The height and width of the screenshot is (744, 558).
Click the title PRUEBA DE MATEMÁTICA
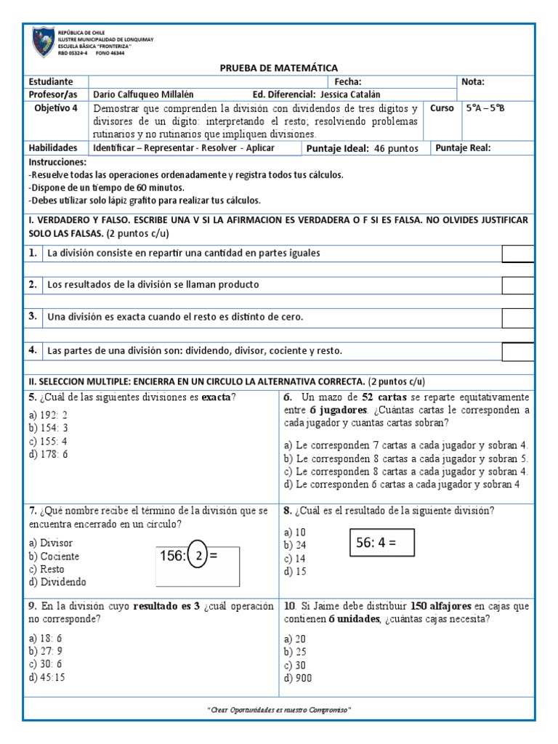(x=279, y=68)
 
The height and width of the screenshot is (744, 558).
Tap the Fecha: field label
(x=347, y=82)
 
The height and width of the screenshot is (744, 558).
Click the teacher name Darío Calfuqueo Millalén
(x=144, y=94)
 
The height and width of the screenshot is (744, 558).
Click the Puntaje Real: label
(x=463, y=148)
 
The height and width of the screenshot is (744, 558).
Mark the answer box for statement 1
(x=517, y=254)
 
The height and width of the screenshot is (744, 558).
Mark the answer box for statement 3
(x=517, y=318)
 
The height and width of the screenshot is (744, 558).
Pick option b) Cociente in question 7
(x=54, y=556)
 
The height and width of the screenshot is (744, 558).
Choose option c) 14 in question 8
(x=295, y=558)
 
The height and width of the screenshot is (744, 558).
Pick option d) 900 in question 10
(x=296, y=678)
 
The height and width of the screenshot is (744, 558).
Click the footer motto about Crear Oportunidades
(x=279, y=709)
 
